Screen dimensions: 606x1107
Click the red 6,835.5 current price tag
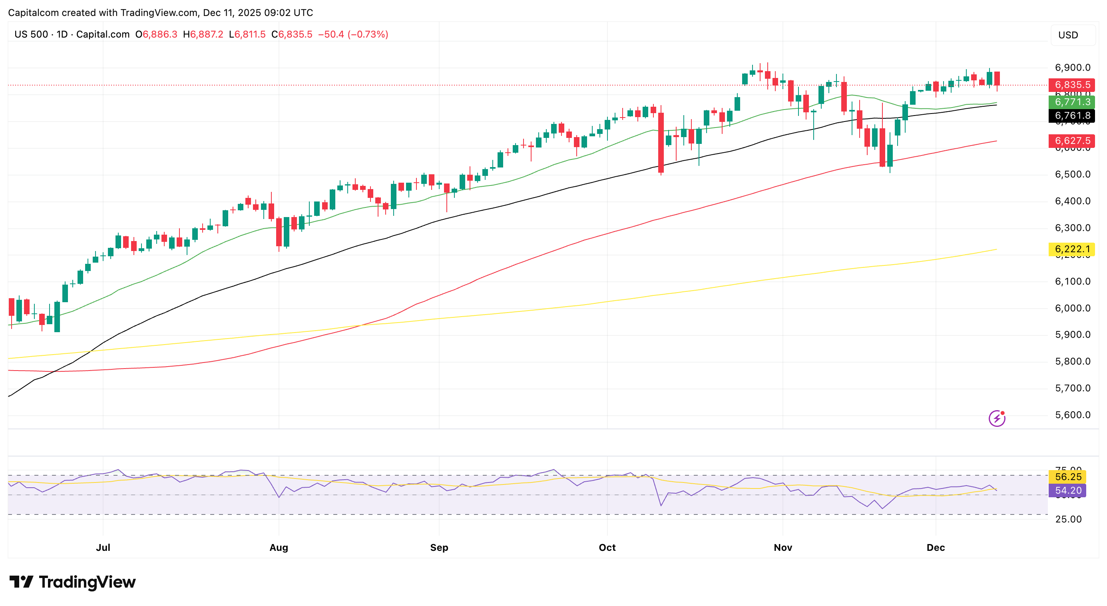1071,85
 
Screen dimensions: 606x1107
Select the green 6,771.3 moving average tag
1071,102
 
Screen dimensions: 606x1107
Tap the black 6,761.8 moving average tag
1071,116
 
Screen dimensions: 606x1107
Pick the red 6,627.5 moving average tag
1071,141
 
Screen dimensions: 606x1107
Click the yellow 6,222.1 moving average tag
1071,249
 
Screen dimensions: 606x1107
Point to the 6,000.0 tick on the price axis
1072,308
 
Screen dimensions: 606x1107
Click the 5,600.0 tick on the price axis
1072,415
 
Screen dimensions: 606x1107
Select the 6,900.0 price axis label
1072,68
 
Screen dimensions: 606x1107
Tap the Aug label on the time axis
279,548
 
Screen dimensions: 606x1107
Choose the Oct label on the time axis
607,548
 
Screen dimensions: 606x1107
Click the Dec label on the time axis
935,548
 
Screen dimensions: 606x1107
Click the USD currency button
1068,35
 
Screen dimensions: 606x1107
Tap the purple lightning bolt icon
997,418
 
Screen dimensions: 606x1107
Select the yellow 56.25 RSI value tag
1067,476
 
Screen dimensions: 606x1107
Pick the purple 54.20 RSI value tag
1067,490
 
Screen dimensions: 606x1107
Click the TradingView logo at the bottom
72,582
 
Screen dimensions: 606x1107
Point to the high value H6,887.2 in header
203,34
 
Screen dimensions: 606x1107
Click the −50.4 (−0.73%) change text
353,34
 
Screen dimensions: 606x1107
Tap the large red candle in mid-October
661,142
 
